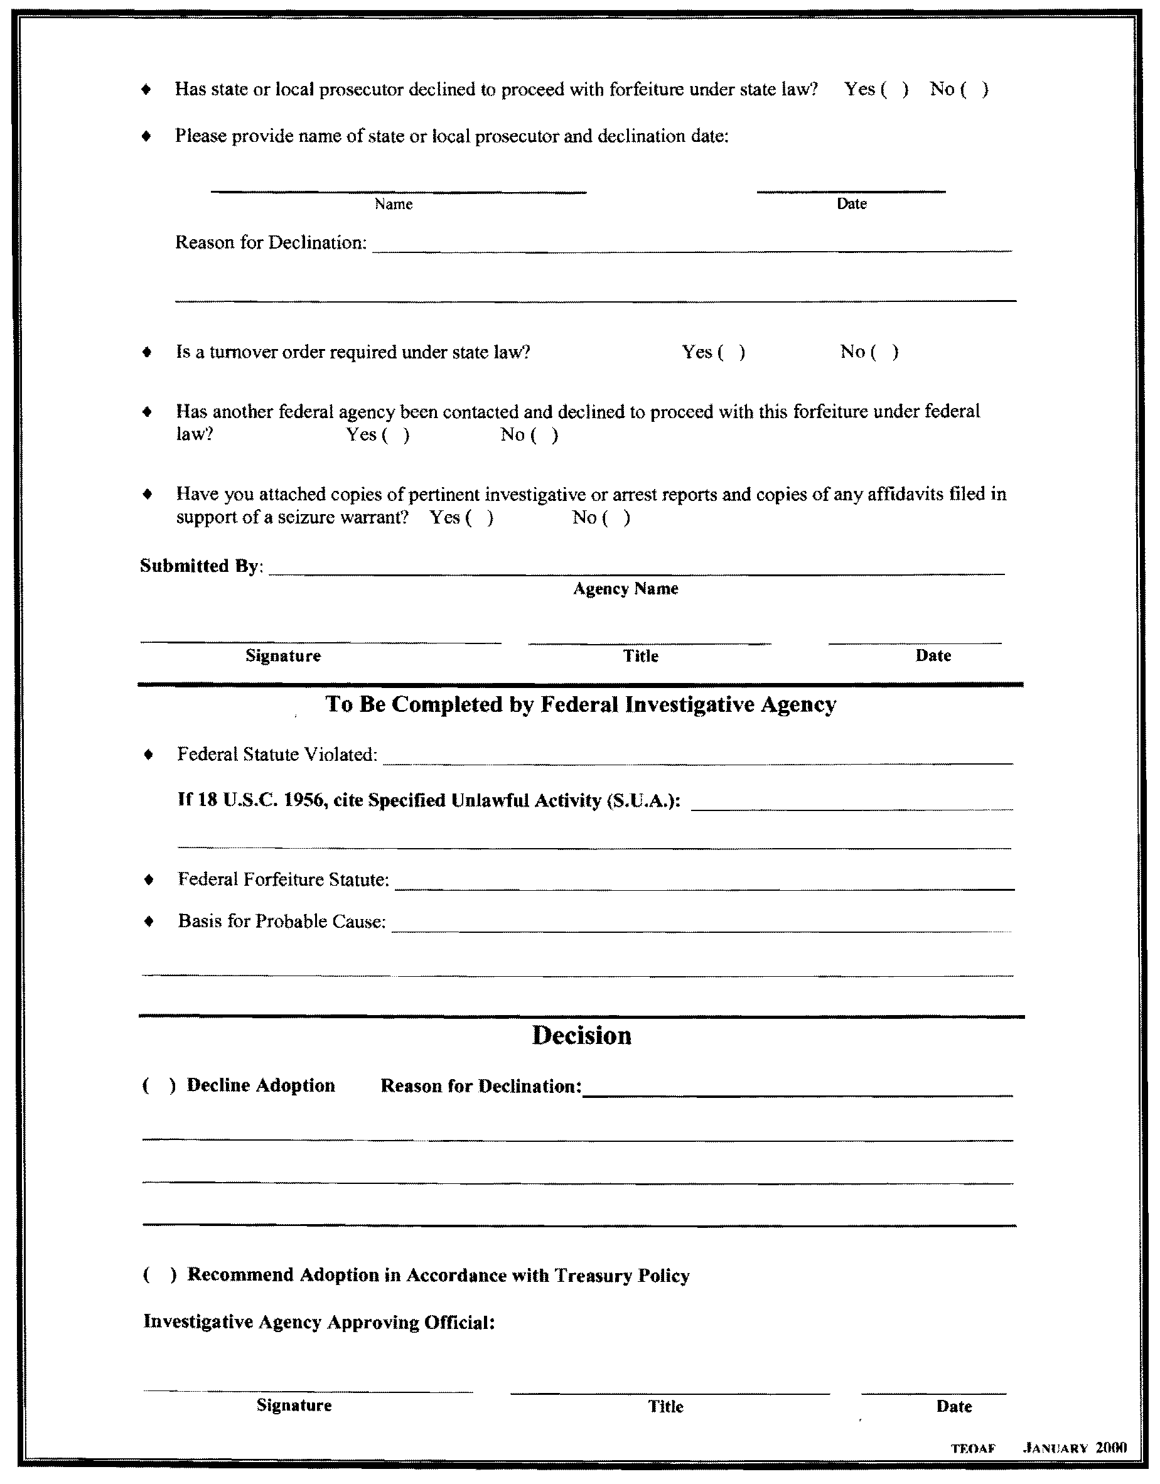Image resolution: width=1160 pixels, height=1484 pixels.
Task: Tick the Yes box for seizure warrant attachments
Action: coord(480,518)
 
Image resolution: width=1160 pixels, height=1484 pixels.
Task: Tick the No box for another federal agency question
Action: coord(545,435)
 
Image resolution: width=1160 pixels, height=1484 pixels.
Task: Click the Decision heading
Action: coord(581,1036)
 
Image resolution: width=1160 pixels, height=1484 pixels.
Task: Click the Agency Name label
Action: coord(625,588)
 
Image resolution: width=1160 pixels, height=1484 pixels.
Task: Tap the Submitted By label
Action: coord(201,566)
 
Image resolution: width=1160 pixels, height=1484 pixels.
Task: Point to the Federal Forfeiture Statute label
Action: coord(283,879)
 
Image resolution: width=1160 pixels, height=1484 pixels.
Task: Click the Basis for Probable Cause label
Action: coord(281,922)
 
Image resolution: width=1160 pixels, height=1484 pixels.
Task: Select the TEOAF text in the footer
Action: coord(972,1448)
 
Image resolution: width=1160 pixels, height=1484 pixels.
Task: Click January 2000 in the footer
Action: coord(1075,1448)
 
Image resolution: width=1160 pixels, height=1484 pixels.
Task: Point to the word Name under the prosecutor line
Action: coord(394,204)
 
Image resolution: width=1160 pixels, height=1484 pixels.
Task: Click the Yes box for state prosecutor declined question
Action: coord(894,90)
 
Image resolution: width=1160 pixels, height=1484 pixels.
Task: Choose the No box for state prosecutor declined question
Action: coord(974,90)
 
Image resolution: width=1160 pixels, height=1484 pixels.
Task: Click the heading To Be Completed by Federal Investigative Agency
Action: coord(581,704)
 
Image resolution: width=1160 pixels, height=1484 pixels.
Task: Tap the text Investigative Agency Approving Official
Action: coord(319,1322)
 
